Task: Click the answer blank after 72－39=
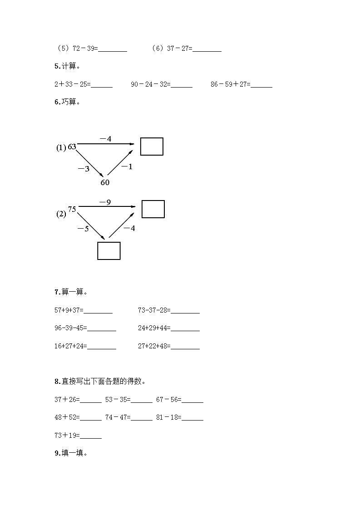(113, 49)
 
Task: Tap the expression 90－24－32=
(150, 84)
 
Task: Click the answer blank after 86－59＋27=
(261, 84)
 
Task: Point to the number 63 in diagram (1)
(72, 147)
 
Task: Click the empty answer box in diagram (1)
(152, 147)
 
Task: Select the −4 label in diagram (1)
(105, 139)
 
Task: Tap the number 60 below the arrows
(105, 182)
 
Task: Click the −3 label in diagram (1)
(84, 169)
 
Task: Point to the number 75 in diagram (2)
(72, 209)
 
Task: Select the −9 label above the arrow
(105, 202)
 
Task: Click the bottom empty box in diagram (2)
(109, 251)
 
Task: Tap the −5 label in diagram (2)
(83, 229)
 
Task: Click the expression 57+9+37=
(69, 310)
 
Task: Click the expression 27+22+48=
(154, 346)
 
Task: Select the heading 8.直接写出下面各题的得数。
(100, 382)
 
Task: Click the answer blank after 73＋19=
(91, 436)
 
